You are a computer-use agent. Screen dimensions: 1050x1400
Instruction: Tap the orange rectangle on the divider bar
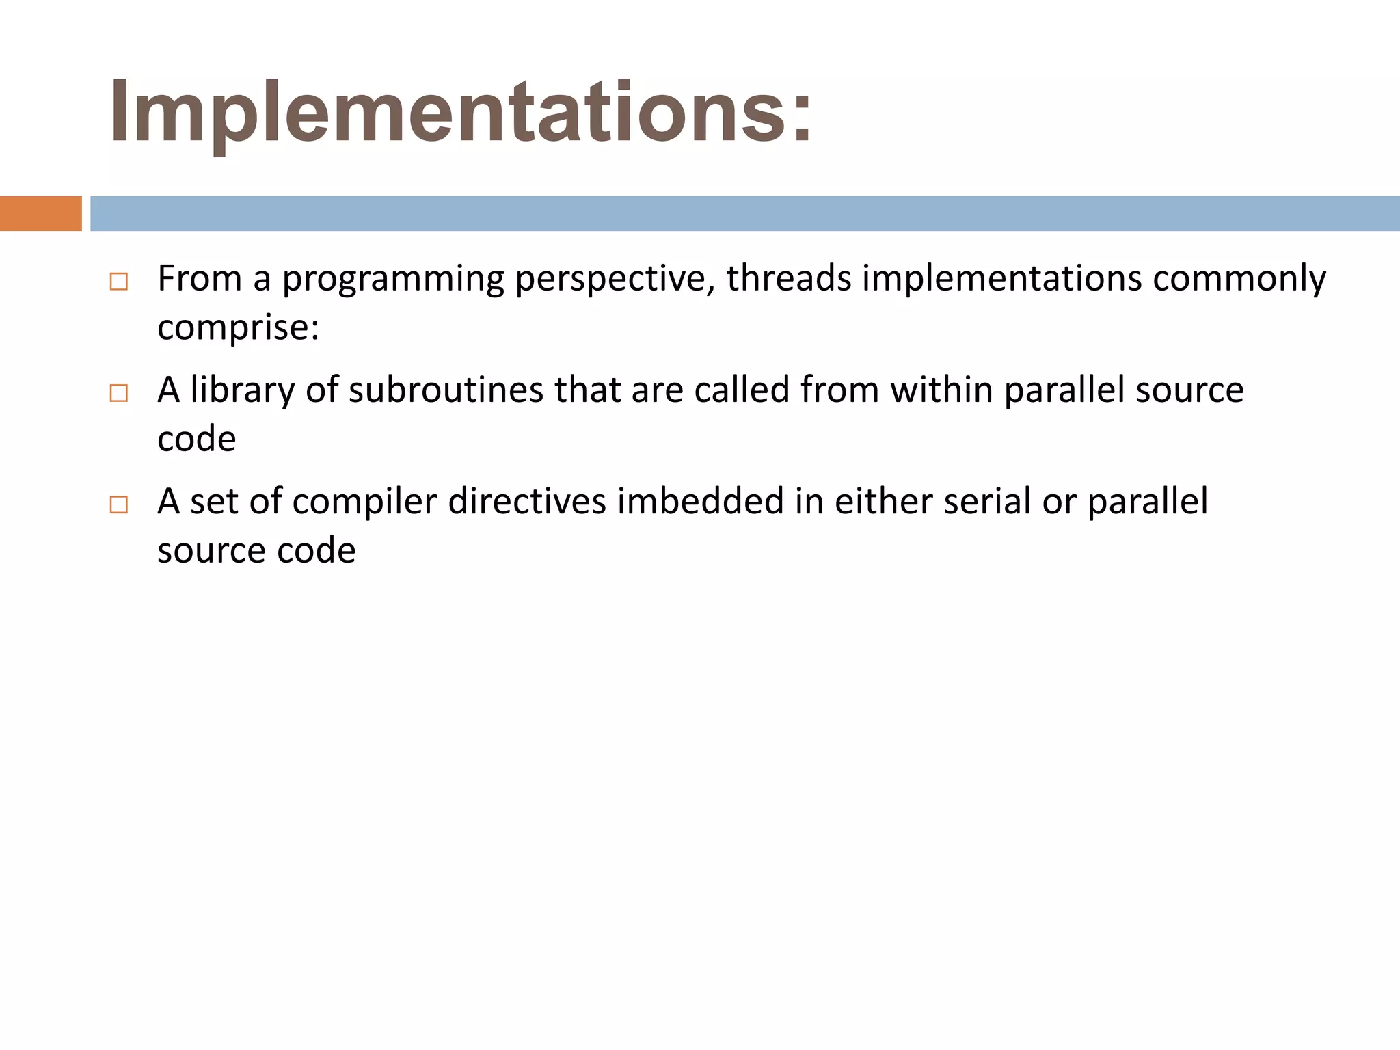pos(40,213)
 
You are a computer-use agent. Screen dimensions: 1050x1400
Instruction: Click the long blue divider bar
pos(744,213)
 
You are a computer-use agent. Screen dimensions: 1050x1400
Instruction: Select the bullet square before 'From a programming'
pos(118,282)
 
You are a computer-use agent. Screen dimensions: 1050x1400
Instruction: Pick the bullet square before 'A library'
pos(118,393)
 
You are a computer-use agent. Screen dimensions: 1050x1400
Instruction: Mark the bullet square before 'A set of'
pos(118,505)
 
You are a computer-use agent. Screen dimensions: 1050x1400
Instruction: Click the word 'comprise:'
pos(238,327)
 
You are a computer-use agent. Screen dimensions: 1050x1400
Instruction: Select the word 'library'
pos(243,390)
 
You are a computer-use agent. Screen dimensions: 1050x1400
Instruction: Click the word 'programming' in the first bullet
pos(392,279)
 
